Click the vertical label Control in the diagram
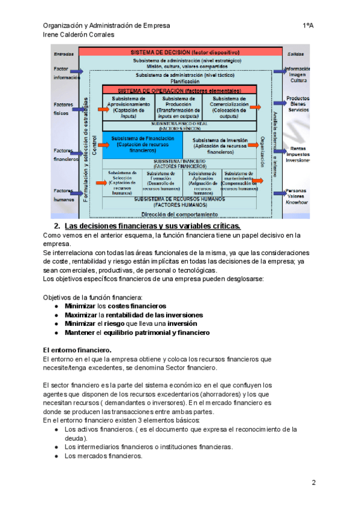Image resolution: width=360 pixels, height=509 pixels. point(95,146)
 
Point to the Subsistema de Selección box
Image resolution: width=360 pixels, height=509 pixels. point(122,182)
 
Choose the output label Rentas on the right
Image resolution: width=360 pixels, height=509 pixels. point(298,148)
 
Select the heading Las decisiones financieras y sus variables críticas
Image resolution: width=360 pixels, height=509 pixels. point(152,226)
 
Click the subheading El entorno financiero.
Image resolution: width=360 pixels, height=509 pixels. point(77,349)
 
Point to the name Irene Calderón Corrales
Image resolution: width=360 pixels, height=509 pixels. point(79,35)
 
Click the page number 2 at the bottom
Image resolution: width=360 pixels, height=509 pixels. point(313,483)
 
